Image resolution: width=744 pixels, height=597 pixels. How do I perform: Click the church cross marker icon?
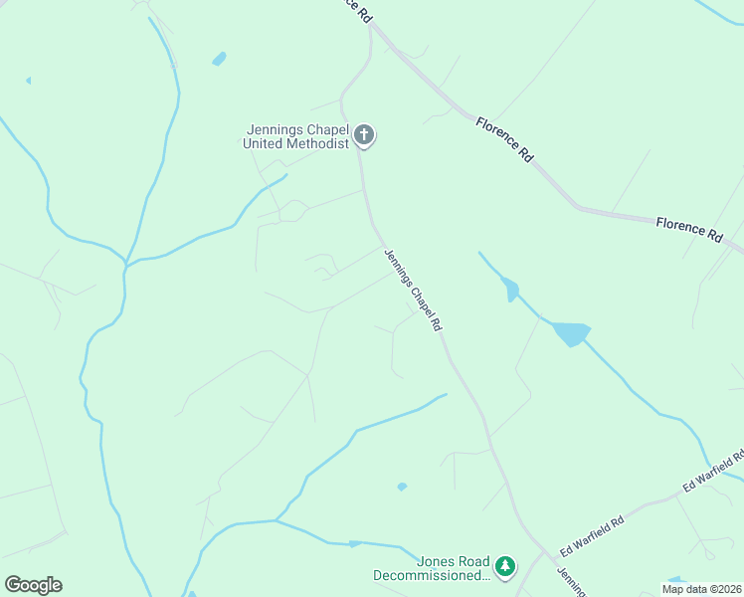point(364,134)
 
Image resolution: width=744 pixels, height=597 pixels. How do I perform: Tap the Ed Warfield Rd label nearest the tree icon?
point(591,535)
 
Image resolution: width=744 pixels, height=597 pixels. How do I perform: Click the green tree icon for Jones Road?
point(506,566)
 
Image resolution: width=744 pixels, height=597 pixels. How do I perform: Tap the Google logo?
point(33,585)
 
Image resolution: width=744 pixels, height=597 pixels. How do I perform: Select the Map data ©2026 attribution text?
point(700,589)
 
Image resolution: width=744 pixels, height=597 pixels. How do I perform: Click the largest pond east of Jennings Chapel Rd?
point(571,333)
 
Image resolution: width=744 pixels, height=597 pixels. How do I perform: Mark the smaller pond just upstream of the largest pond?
point(511,290)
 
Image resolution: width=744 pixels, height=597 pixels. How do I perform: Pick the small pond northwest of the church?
point(219,59)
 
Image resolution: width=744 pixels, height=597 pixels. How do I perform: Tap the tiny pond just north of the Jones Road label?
point(401,487)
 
